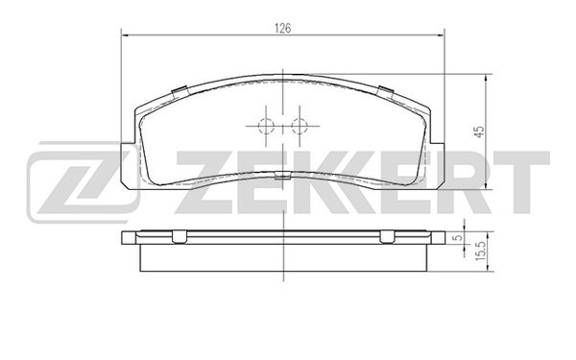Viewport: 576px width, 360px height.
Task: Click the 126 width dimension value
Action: coord(283,28)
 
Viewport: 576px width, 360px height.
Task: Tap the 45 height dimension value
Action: coord(480,132)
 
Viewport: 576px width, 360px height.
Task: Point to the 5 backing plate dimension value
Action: coord(458,238)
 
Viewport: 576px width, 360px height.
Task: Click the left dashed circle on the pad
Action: coord(266,126)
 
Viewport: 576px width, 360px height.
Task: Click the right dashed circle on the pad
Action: coord(300,126)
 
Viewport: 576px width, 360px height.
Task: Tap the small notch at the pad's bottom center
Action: coord(282,176)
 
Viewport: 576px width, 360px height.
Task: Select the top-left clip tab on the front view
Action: coord(180,92)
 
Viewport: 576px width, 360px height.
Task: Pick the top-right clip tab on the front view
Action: coord(386,92)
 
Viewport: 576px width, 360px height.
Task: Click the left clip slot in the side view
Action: coord(180,237)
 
